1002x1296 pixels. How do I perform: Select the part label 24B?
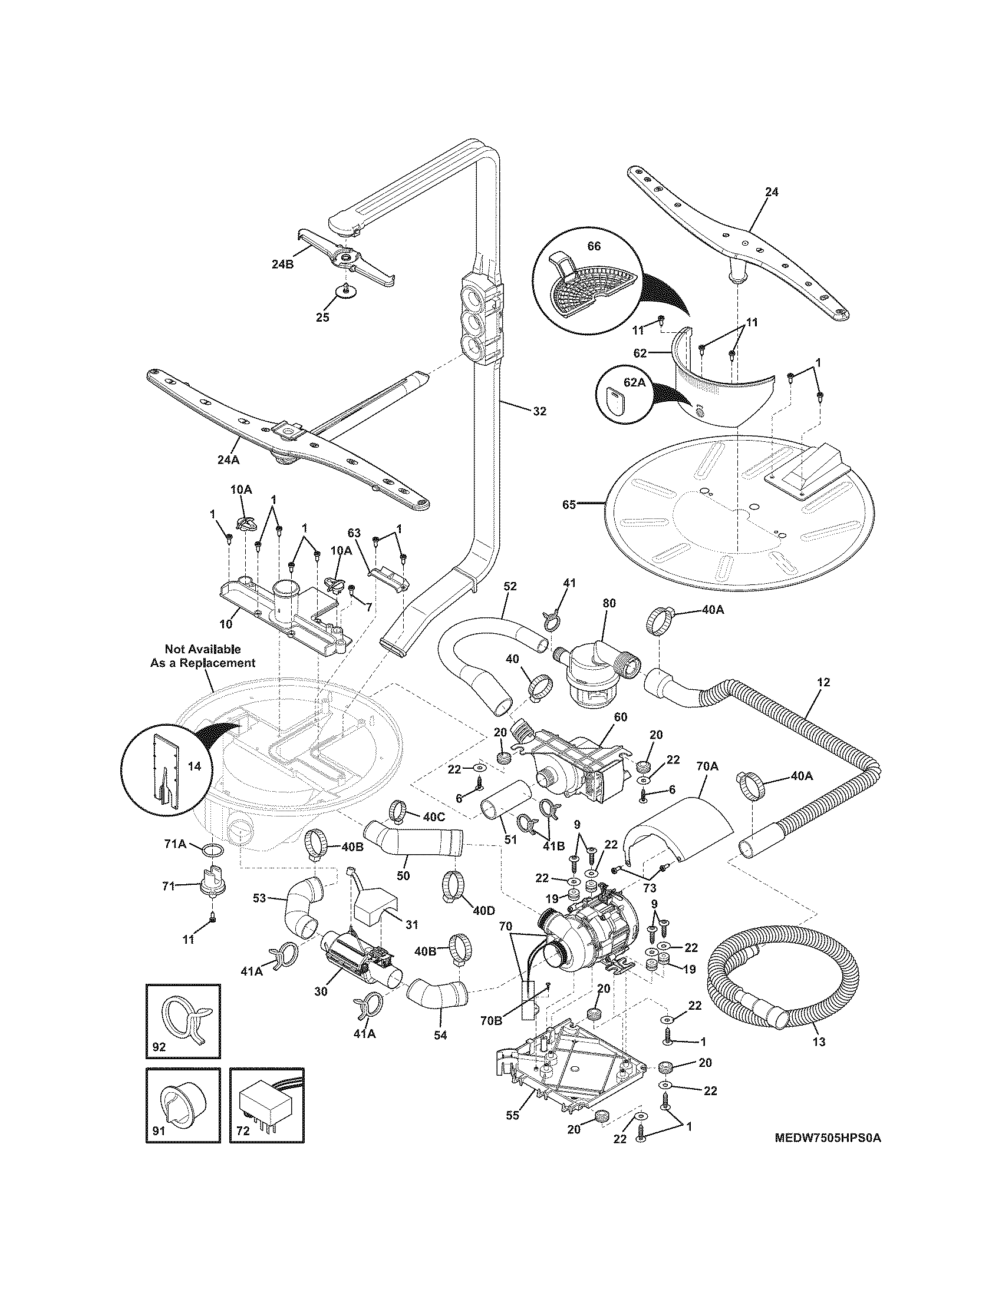pos(282,265)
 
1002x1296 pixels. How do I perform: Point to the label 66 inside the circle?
pos(594,246)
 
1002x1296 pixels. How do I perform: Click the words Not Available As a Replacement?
pos(202,656)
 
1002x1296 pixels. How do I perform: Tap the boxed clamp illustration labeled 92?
pos(183,1021)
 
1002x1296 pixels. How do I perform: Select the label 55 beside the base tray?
pos(512,1115)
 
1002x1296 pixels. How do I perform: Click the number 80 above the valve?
pos(609,603)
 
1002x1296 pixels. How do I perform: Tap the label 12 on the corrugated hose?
pos(823,682)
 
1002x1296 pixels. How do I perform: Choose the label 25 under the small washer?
pos(322,317)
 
